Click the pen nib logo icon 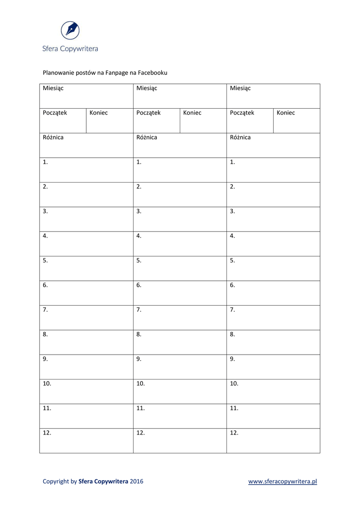[70, 30]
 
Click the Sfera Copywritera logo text [70, 49]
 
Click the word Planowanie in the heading [57, 72]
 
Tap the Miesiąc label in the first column [53, 88]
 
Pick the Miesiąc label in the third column [240, 88]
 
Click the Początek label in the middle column [148, 113]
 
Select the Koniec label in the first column [99, 113]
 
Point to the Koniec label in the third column [286, 113]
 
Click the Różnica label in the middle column [146, 137]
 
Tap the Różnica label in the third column [240, 137]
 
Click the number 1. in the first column [45, 162]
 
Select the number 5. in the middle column [139, 260]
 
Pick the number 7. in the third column [232, 310]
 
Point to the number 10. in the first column [47, 383]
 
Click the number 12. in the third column [234, 433]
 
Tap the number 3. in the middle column [139, 211]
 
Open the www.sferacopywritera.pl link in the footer [283, 481]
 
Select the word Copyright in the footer [56, 481]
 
